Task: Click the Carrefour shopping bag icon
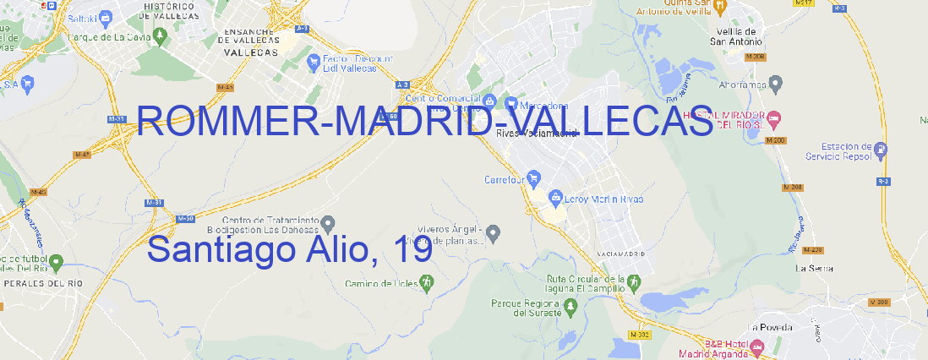[535, 178]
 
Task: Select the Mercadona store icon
[511, 104]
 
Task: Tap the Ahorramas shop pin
[777, 82]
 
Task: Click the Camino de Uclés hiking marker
[426, 283]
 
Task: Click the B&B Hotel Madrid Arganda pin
[758, 347]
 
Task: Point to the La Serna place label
[814, 268]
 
